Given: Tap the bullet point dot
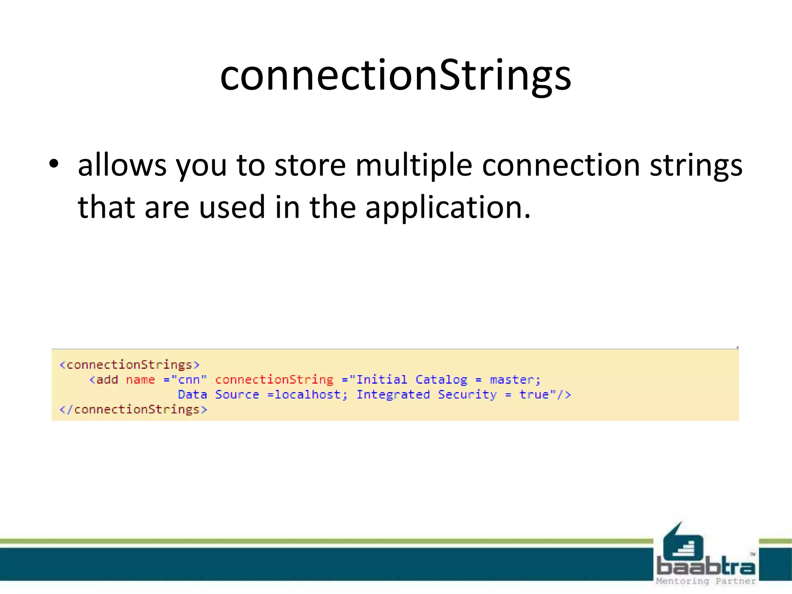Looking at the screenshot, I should click(x=54, y=164).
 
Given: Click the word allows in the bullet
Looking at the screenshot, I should click(x=122, y=165).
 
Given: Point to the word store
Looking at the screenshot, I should click(x=310, y=165).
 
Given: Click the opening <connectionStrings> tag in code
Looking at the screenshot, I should click(x=130, y=365).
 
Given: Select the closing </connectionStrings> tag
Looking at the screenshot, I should click(x=133, y=409).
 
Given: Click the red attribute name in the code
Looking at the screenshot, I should click(x=140, y=380).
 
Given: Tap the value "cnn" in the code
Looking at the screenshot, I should click(x=189, y=380).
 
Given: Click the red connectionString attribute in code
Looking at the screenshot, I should click(x=274, y=380).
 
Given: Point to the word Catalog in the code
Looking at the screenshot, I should click(x=441, y=380).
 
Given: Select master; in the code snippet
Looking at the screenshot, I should click(x=515, y=380).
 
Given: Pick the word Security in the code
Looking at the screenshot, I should click(x=467, y=394).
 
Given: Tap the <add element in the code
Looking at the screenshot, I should click(x=104, y=380).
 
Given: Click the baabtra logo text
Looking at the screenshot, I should click(x=706, y=567).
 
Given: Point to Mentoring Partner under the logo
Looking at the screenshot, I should click(x=706, y=581).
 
